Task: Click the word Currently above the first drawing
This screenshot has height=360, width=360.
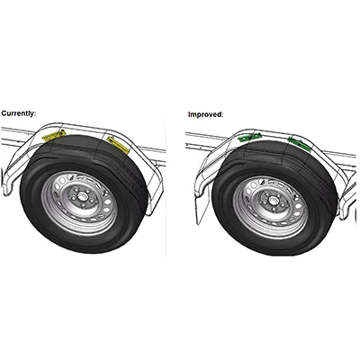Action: point(18,113)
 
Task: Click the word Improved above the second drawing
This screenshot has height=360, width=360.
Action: point(205,114)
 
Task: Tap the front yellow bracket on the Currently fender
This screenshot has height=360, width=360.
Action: point(54,136)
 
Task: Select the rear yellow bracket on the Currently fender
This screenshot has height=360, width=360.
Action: point(118,144)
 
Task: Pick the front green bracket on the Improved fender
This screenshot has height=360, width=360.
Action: point(249,138)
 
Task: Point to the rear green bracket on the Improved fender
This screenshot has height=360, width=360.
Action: point(299,143)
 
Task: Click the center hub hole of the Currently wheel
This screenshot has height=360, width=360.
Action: point(81,196)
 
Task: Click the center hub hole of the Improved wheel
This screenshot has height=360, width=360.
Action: point(272,200)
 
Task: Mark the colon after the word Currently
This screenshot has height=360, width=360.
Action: point(35,114)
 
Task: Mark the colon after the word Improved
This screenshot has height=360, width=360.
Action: point(222,115)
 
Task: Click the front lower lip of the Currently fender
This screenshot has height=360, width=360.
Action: point(6,188)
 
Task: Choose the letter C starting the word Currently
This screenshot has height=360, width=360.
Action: point(4,113)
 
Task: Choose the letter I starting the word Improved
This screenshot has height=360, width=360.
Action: point(189,114)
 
